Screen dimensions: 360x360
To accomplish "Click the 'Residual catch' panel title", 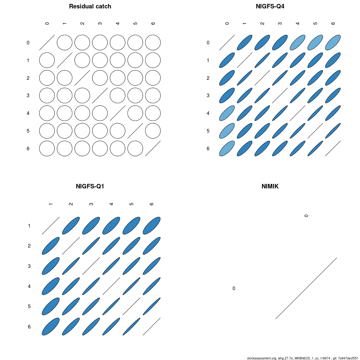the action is click(x=90, y=7).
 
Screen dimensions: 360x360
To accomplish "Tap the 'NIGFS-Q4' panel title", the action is click(x=270, y=7).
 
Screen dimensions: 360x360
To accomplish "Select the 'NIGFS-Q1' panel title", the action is click(x=90, y=186).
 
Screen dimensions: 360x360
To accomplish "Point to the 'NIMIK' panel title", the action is click(x=270, y=186).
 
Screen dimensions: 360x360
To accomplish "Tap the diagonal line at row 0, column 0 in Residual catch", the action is click(x=47, y=43).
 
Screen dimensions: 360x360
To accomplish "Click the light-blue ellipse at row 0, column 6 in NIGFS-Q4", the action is click(x=333, y=43).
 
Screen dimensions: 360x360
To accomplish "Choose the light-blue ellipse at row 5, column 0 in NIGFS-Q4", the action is click(x=227, y=131).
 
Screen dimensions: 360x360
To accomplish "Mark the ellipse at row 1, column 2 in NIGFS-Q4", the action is click(x=262, y=60).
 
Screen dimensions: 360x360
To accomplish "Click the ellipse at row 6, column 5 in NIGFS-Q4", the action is click(x=315, y=148).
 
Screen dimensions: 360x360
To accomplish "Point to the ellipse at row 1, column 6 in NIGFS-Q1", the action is click(x=151, y=226).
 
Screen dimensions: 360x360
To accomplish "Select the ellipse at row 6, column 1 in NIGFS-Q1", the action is click(x=51, y=327).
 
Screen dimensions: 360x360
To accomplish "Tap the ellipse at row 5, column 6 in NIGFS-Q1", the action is click(x=151, y=306).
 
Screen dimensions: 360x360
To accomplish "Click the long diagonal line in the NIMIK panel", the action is click(x=306, y=288).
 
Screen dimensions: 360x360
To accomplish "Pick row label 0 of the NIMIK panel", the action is click(x=234, y=288).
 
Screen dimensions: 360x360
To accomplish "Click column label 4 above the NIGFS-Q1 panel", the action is click(x=111, y=204).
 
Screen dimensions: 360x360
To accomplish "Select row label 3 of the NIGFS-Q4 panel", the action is click(x=208, y=95).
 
